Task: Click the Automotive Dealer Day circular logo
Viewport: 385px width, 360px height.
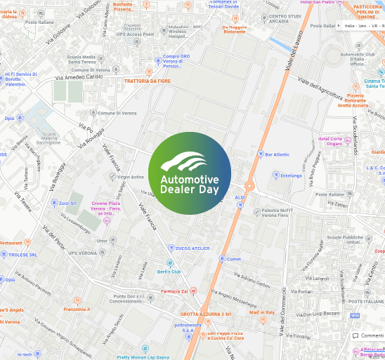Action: click(190, 173)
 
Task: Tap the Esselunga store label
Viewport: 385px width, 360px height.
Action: click(291, 175)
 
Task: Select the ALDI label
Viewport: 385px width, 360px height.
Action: click(240, 198)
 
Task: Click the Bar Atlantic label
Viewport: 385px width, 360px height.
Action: click(277, 154)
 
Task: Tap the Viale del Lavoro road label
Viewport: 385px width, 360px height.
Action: click(294, 53)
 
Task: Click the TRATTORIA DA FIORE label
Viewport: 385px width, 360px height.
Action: click(148, 81)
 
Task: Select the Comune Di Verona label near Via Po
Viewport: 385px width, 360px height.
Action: click(117, 113)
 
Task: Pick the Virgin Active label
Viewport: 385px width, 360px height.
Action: click(131, 177)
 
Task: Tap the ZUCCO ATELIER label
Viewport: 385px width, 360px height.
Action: click(192, 248)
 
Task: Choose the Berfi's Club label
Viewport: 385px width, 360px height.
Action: click(169, 271)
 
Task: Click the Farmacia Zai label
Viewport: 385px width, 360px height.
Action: click(175, 291)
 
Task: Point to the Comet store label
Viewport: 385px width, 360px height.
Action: click(233, 259)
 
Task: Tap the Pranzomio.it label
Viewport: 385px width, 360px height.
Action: click(77, 309)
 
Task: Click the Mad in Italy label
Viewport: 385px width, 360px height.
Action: click(261, 312)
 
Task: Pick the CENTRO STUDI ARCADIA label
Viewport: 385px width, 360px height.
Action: click(285, 19)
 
